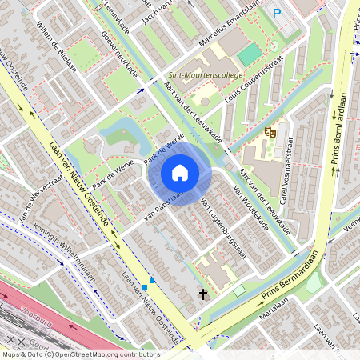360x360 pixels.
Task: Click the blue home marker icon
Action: point(179,173)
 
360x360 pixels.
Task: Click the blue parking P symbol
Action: point(277,13)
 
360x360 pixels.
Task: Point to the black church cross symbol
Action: point(203,294)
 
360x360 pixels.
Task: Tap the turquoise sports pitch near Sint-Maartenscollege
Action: point(250,54)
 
